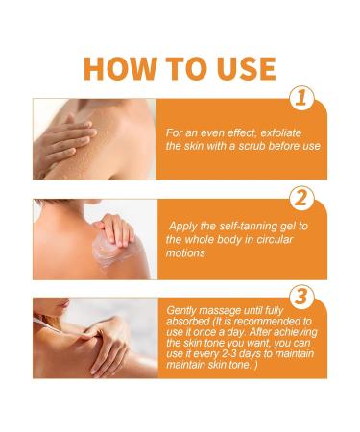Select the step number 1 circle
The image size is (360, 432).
[x=301, y=98]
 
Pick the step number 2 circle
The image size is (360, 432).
[x=301, y=198]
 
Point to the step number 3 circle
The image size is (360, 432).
[x=301, y=297]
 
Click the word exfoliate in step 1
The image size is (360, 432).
[x=281, y=132]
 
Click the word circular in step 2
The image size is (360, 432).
[x=274, y=239]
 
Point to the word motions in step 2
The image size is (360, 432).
[x=185, y=253]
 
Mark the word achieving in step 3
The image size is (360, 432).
[x=296, y=332]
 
